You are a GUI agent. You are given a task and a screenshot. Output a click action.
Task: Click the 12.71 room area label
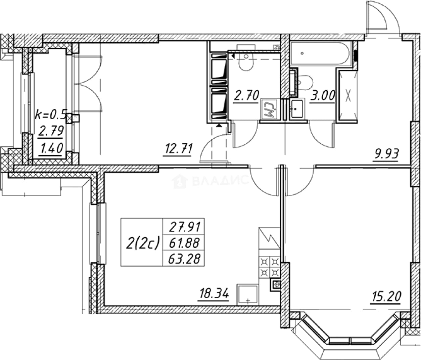click(x=178, y=148)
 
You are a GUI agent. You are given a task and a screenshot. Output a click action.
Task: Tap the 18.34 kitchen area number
click(x=214, y=294)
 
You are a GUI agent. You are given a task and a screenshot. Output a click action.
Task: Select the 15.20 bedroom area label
click(x=386, y=297)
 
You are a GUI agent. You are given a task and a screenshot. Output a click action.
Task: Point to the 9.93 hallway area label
click(x=386, y=154)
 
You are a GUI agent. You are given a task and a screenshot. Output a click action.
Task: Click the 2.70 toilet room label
click(x=246, y=96)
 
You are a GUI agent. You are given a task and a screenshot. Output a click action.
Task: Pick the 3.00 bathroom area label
click(x=322, y=96)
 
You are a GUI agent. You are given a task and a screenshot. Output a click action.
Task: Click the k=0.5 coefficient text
click(x=51, y=115)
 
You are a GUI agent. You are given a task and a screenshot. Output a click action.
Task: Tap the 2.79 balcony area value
click(x=51, y=131)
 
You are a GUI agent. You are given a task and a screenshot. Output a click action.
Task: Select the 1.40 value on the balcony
click(x=51, y=148)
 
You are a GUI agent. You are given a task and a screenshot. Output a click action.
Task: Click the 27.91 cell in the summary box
click(x=184, y=227)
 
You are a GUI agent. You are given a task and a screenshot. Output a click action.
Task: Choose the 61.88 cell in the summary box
click(x=184, y=243)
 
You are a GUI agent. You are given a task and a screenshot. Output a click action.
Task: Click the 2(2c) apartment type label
click(x=142, y=243)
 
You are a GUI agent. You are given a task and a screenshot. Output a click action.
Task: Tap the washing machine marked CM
click(x=269, y=109)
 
